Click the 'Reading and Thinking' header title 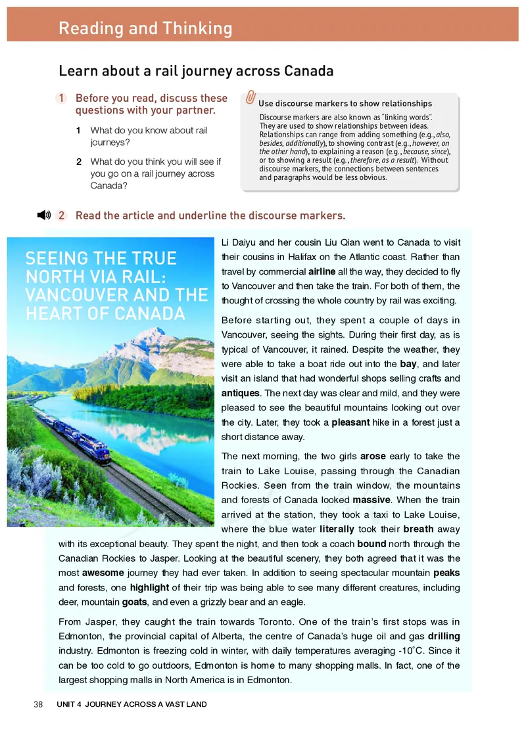[x=145, y=28]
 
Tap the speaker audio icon [x=43, y=215]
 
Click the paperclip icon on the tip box [x=250, y=97]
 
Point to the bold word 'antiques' [x=241, y=393]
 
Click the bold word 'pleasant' [x=350, y=422]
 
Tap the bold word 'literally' [x=337, y=529]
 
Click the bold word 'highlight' [x=149, y=587]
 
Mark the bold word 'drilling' [x=444, y=636]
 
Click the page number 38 [x=38, y=704]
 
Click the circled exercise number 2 [x=61, y=215]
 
